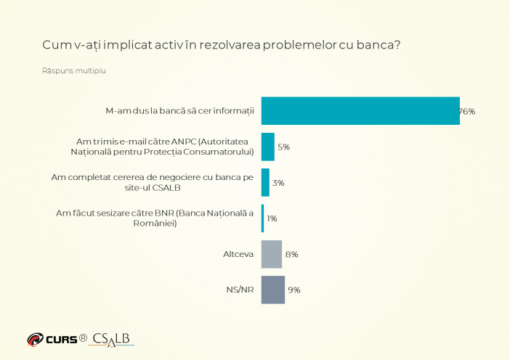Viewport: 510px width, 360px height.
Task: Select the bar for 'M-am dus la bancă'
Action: [360, 111]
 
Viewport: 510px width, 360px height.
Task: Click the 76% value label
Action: [466, 111]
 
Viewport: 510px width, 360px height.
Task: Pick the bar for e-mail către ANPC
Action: [267, 147]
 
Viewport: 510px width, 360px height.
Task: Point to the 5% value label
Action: [283, 147]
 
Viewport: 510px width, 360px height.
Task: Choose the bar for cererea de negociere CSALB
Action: [265, 182]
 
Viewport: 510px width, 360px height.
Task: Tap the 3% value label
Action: [278, 183]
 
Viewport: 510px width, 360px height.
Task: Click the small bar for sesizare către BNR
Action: [262, 218]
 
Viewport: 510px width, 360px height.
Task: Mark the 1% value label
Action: [272, 218]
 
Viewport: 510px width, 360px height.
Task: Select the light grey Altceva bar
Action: [271, 254]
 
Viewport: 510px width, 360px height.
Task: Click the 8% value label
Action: [291, 254]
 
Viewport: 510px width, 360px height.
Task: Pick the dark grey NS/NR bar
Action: [272, 290]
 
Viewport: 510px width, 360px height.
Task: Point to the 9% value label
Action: [294, 290]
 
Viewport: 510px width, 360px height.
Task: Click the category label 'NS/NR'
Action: [239, 290]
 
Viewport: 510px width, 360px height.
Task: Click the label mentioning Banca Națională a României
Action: [155, 218]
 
